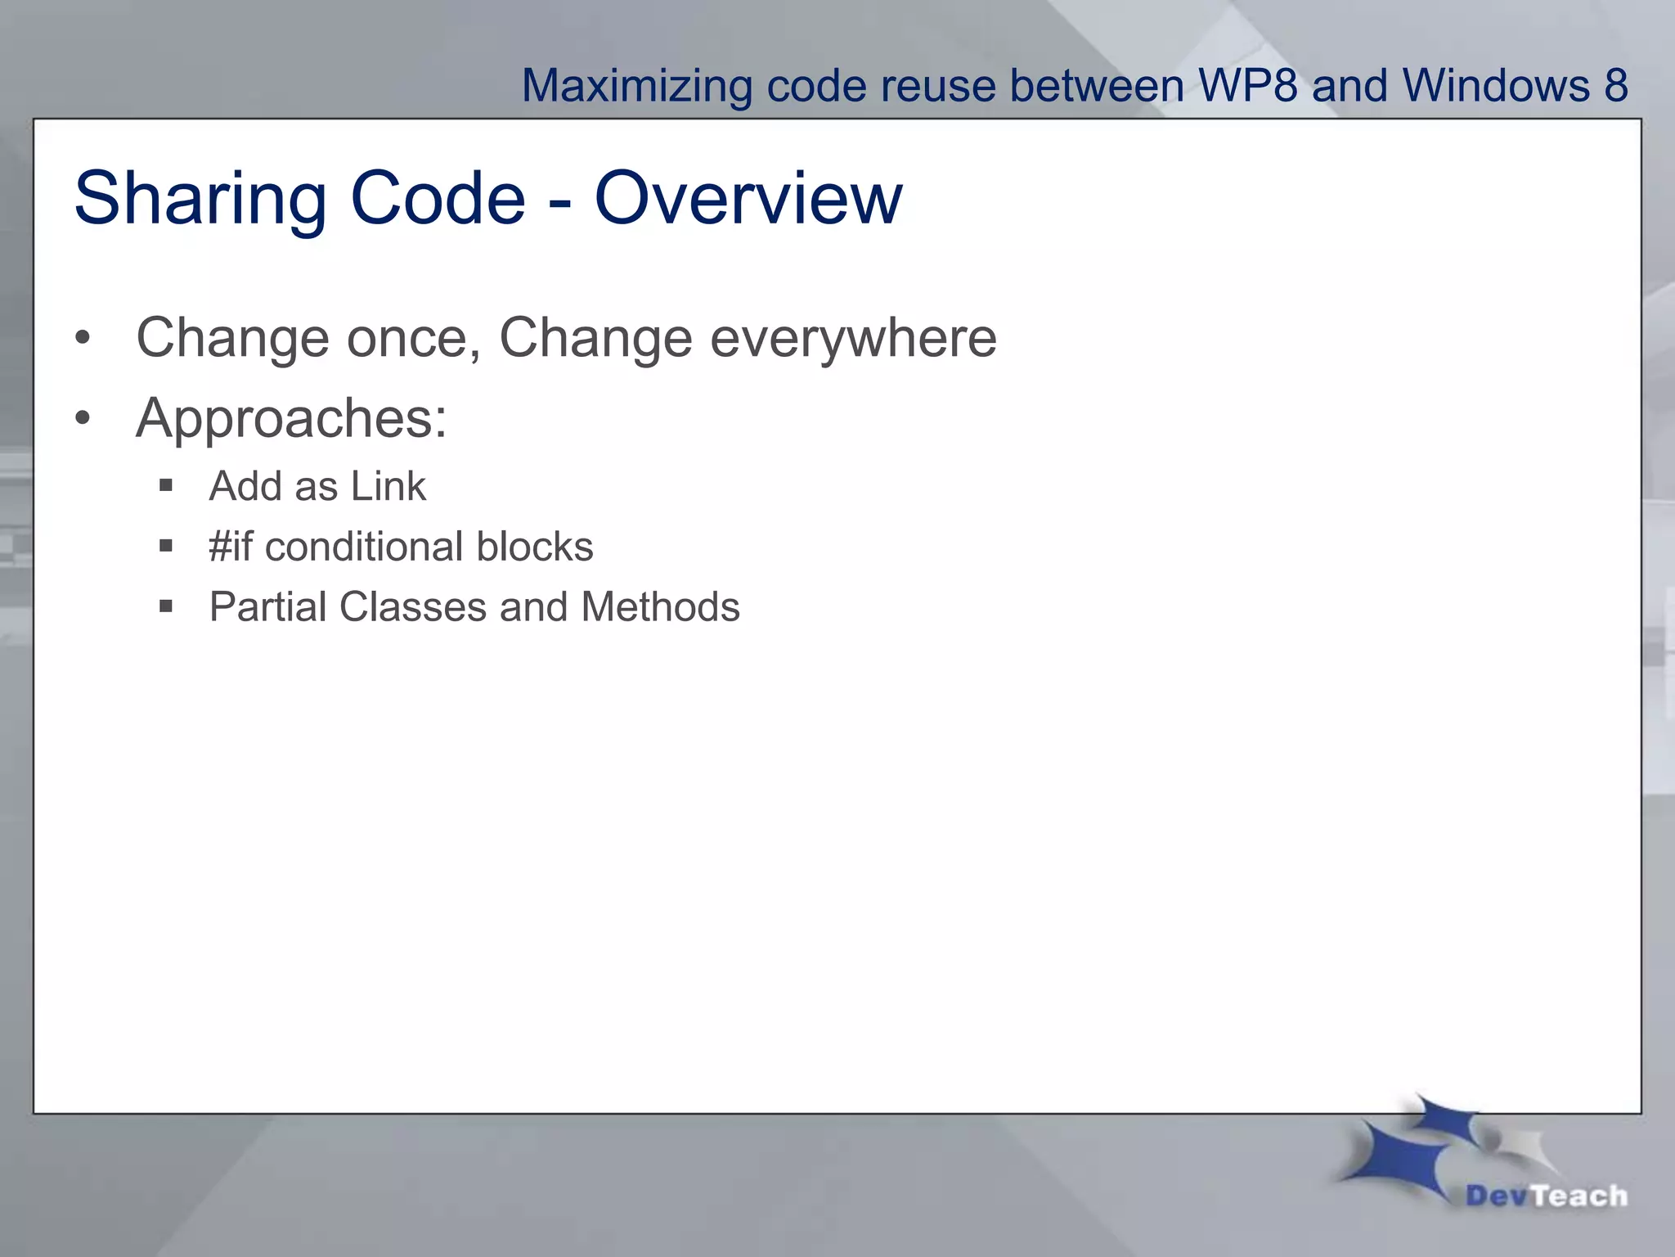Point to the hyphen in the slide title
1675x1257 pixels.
click(559, 202)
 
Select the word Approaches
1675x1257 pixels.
click(291, 418)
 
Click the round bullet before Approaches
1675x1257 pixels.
click(83, 418)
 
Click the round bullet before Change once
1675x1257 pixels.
click(83, 338)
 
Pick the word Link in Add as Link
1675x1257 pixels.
click(388, 486)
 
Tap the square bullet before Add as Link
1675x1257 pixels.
click(166, 485)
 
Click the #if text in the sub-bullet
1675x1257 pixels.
click(231, 546)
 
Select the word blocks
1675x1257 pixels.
click(535, 546)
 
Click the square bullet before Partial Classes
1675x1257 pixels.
click(166, 606)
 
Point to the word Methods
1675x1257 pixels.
click(660, 607)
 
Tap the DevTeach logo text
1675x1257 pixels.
click(1546, 1196)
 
